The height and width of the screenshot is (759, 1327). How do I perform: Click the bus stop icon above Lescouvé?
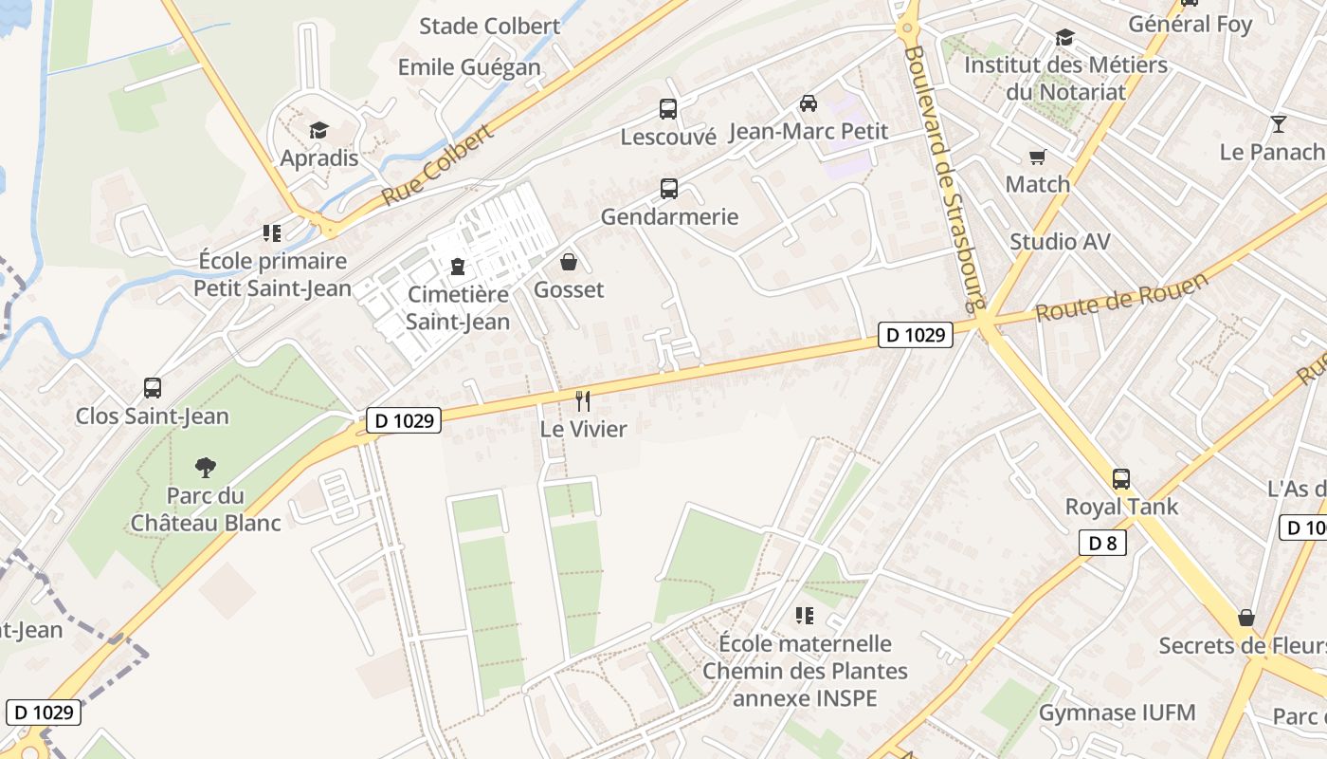click(668, 109)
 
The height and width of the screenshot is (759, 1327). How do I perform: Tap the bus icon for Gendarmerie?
click(669, 189)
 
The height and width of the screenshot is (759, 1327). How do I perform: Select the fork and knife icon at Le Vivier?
click(583, 401)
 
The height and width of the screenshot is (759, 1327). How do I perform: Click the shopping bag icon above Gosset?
click(569, 262)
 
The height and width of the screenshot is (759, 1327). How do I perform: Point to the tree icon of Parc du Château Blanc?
click(205, 467)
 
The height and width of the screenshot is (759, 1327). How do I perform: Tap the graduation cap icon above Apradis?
click(318, 130)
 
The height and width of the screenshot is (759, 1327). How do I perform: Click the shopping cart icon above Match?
click(1038, 157)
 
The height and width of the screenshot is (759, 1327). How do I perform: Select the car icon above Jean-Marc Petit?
click(809, 103)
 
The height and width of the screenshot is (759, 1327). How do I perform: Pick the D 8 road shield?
click(1102, 543)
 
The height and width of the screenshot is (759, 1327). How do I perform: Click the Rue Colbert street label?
click(438, 165)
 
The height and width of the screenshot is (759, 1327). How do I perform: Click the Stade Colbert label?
click(490, 26)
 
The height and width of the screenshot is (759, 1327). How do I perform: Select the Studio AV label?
click(1060, 241)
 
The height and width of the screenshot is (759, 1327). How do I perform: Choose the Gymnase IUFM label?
click(1118, 713)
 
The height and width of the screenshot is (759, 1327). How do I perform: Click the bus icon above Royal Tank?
click(1121, 479)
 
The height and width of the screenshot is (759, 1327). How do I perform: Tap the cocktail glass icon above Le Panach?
click(1278, 124)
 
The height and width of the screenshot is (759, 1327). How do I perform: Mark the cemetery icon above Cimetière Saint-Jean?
click(458, 267)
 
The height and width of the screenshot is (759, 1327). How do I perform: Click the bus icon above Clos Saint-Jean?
click(153, 388)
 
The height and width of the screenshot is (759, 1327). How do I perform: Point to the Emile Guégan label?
click(469, 67)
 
